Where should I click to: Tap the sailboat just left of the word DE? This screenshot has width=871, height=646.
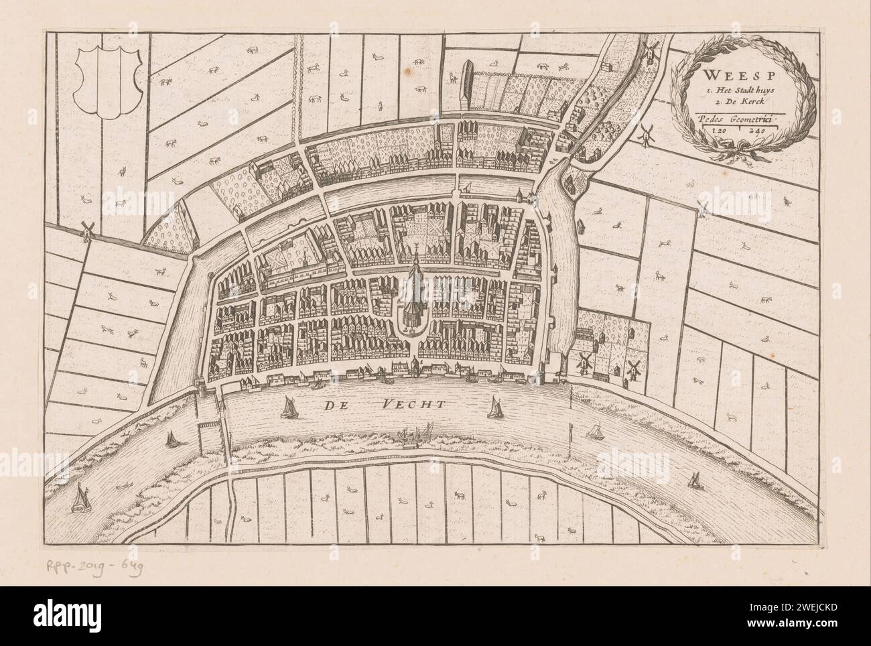[289, 406]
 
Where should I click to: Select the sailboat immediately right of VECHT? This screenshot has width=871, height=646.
[495, 407]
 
